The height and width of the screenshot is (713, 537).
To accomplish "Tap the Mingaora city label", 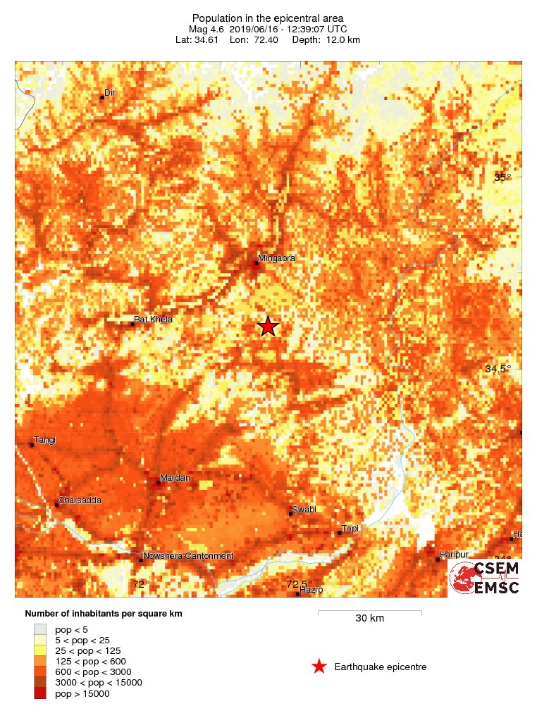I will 276,258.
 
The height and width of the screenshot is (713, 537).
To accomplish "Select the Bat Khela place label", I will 153,320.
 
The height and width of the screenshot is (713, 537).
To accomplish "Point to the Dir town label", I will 109,93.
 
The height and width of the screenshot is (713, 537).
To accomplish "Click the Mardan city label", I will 175,479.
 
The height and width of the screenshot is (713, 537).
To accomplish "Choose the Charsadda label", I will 80,500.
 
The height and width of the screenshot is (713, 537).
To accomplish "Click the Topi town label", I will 350,529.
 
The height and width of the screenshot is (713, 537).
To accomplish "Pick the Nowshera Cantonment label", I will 187,556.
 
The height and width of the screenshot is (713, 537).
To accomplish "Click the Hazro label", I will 311,590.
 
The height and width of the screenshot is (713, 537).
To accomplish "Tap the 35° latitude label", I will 502,177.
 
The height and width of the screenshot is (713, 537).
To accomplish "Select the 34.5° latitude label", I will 498,369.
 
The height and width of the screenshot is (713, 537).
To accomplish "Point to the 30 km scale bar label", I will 369,619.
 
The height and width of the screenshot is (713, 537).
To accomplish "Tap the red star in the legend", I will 319,667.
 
